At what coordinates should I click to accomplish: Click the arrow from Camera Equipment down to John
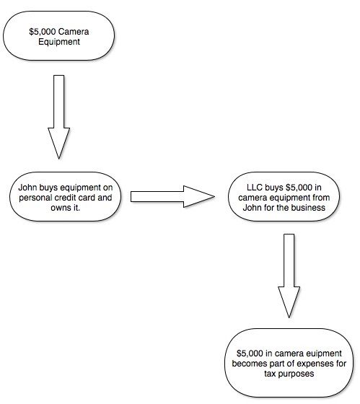point(58,117)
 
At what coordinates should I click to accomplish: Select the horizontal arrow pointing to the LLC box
point(172,196)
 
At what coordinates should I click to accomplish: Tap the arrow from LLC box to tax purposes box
point(289,276)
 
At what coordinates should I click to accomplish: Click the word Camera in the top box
point(74,32)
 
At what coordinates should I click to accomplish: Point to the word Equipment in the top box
point(59,42)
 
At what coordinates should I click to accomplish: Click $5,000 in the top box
point(43,32)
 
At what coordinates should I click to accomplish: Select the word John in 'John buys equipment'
point(27,188)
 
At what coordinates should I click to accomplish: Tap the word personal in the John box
point(36,198)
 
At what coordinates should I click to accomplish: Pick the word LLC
point(255,188)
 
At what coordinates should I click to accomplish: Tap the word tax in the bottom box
point(270,374)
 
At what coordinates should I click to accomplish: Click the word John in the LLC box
point(253,208)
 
